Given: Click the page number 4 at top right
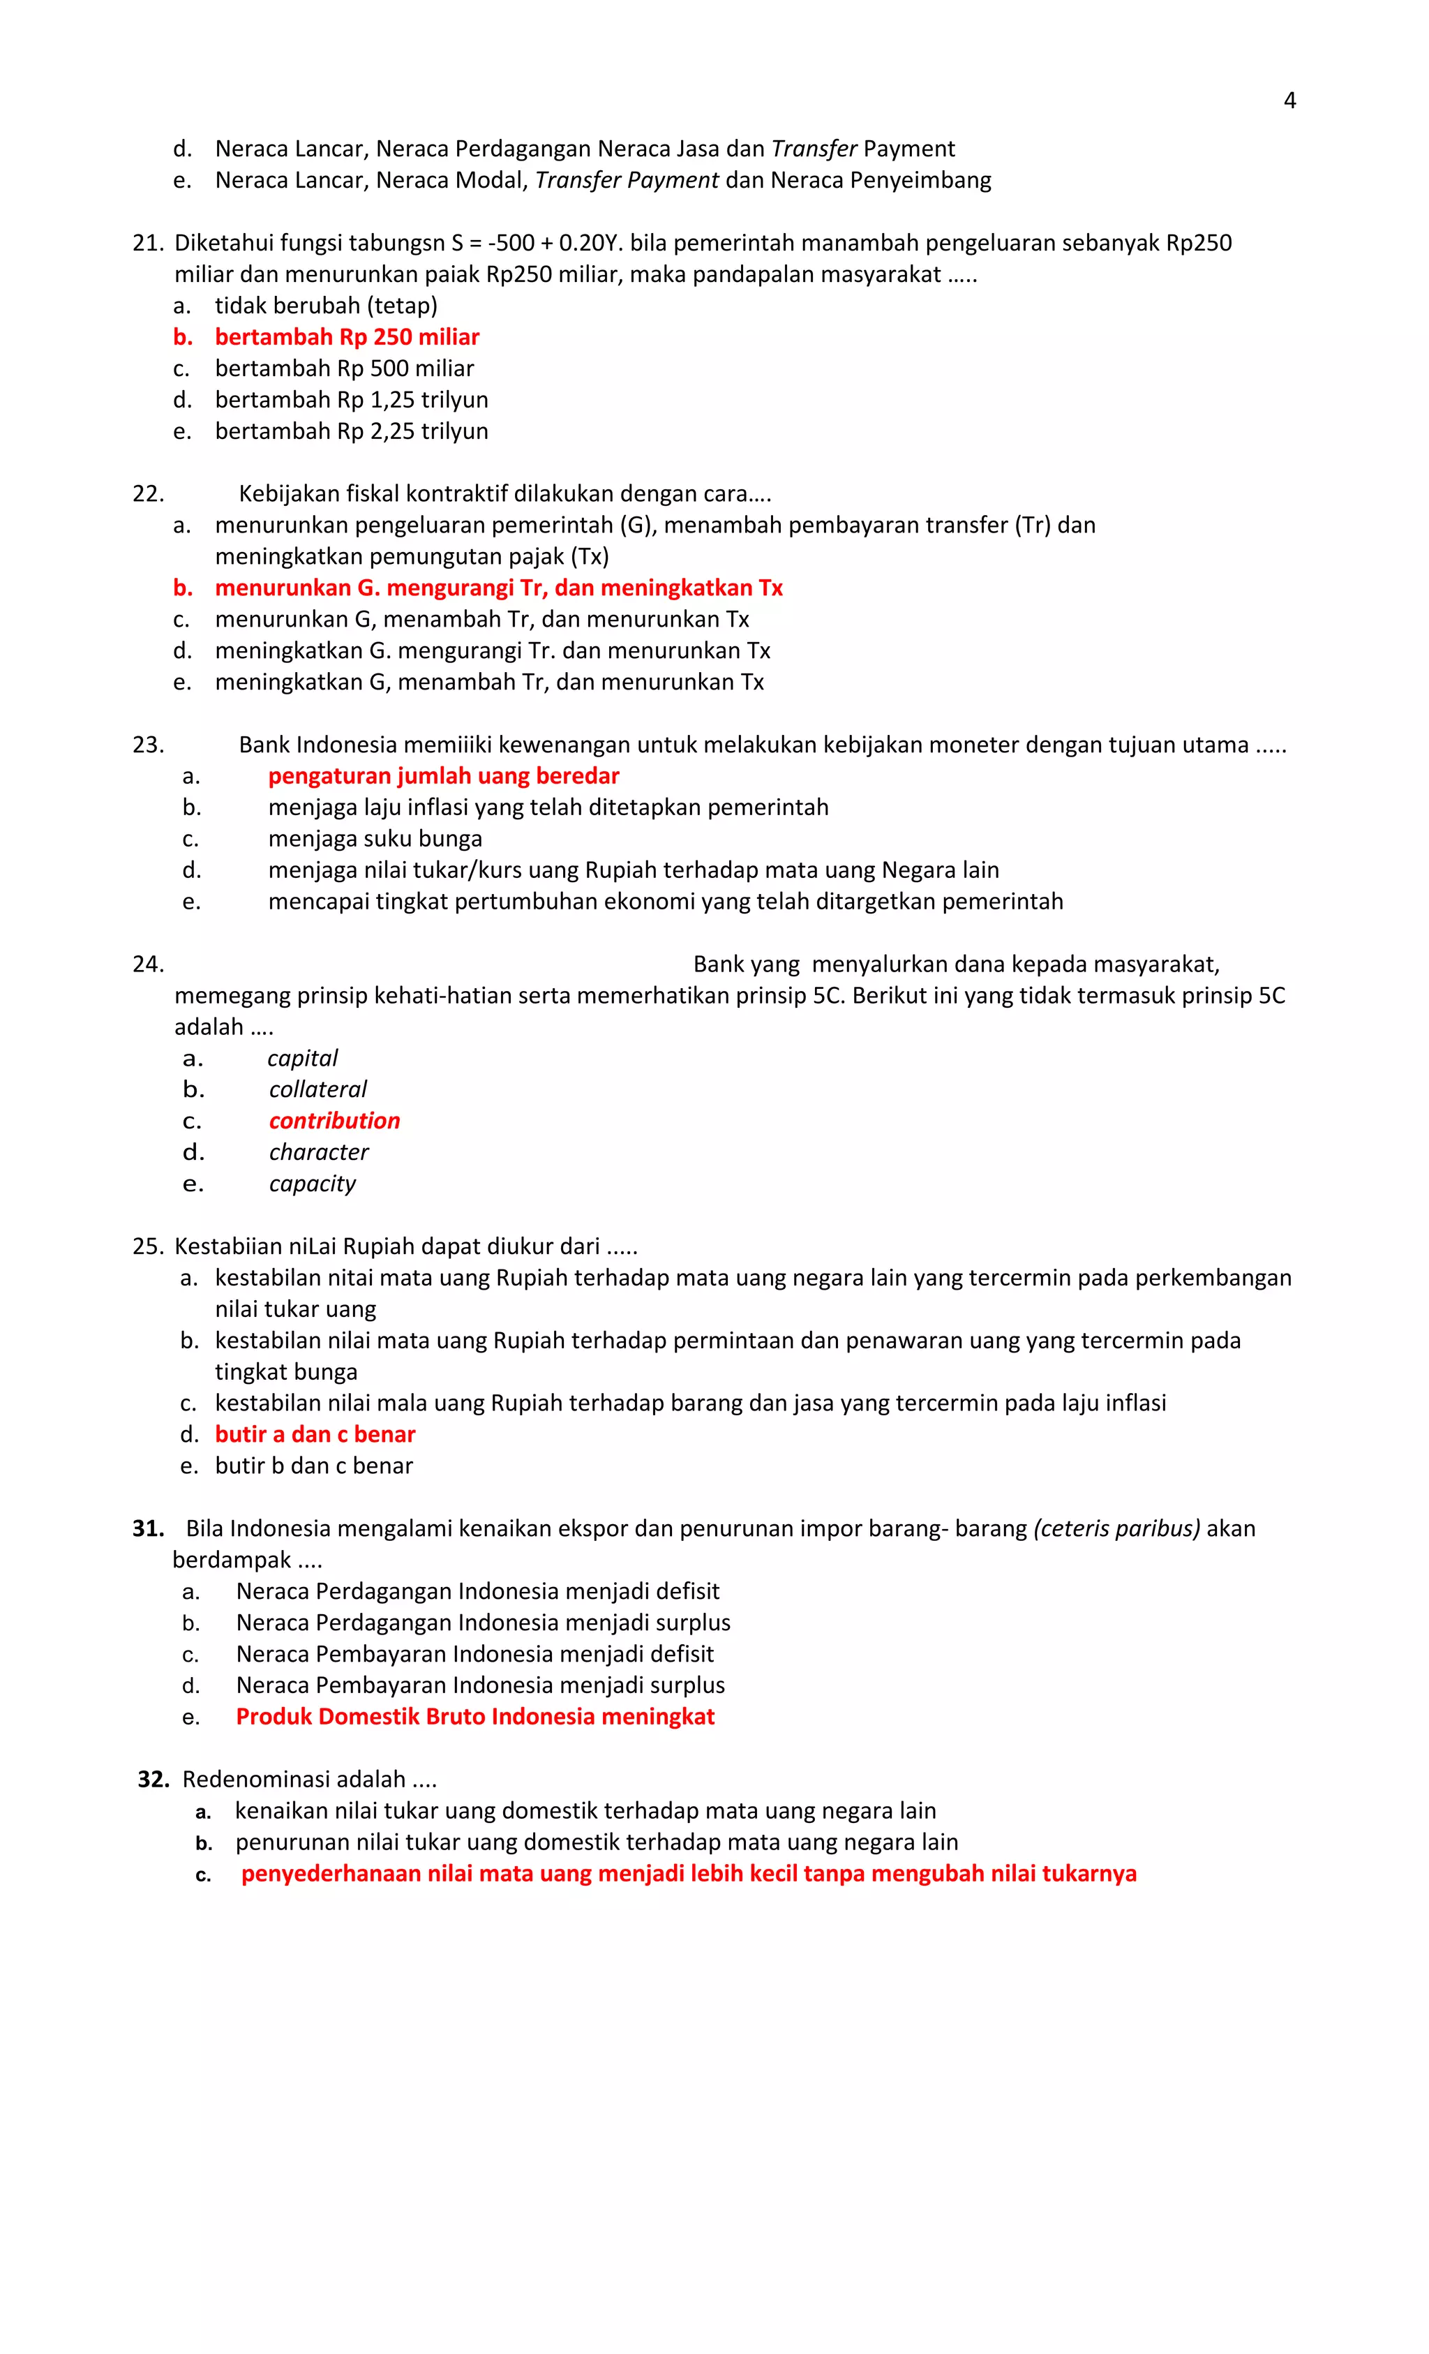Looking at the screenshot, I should pyautogui.click(x=1289, y=100).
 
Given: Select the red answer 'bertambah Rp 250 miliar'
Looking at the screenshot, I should pyautogui.click(x=346, y=337).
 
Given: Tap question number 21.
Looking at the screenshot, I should pyautogui.click(x=147, y=244).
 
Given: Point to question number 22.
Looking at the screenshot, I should pyautogui.click(x=148, y=494).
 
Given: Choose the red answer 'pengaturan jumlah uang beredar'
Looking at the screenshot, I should pyautogui.click(x=443, y=776).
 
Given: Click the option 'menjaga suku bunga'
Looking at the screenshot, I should pyautogui.click(x=375, y=839).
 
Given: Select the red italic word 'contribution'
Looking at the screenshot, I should pyautogui.click(x=334, y=1121).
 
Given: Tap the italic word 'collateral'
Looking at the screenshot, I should pyautogui.click(x=317, y=1089).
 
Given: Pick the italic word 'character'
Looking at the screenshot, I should pyautogui.click(x=318, y=1152).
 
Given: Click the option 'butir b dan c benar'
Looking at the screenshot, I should pyautogui.click(x=313, y=1466).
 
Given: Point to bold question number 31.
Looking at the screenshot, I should pyautogui.click(x=148, y=1528).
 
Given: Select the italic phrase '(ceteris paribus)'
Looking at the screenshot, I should pyautogui.click(x=1116, y=1528).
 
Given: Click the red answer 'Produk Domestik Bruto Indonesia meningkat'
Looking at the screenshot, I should pyautogui.click(x=474, y=1717).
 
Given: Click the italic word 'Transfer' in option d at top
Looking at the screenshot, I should pyautogui.click(x=813, y=149).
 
